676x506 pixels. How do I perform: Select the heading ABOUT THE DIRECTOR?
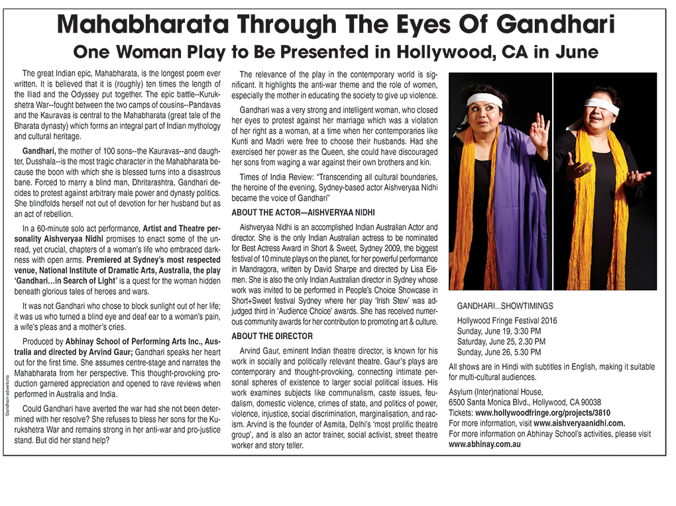[x=271, y=336]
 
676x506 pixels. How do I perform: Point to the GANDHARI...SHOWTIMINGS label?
[x=505, y=307]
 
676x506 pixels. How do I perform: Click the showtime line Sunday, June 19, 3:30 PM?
[x=499, y=331]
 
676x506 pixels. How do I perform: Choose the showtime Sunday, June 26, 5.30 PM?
[x=499, y=352]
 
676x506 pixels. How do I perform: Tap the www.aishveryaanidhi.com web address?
[x=579, y=423]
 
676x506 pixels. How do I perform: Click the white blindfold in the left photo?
[x=484, y=100]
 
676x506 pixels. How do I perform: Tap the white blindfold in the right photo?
[x=602, y=107]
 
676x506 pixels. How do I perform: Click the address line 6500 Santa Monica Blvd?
[x=525, y=402]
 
